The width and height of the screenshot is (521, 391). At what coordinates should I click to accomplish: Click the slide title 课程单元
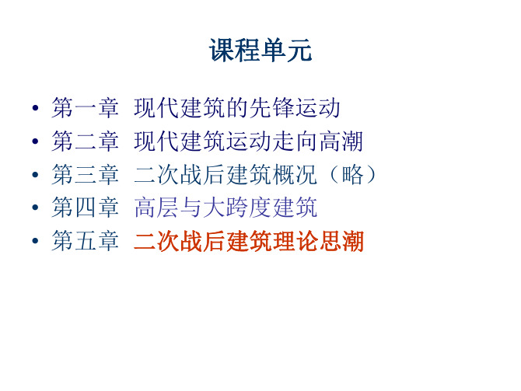[260, 51]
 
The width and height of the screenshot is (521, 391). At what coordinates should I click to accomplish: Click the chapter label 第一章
[85, 108]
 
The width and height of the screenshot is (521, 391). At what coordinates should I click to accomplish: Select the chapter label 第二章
[85, 141]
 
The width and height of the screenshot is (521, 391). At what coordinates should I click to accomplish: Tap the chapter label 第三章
[85, 174]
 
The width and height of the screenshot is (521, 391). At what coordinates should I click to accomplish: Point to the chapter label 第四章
[85, 208]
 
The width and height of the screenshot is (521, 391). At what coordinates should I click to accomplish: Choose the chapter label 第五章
[85, 240]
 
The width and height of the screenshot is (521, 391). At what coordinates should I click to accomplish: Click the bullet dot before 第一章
[35, 108]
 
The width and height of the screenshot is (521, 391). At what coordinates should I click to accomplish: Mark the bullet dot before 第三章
[35, 174]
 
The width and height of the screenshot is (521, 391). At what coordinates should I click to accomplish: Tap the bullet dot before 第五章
[35, 240]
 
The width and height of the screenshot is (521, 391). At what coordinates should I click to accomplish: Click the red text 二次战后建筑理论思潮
[249, 241]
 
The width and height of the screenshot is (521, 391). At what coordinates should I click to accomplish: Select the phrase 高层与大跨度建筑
[226, 208]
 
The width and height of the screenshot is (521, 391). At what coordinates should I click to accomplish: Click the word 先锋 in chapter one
[272, 108]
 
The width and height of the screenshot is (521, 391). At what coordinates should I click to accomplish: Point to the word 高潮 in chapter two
[341, 141]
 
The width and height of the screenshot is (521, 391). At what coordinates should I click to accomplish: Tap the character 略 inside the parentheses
[352, 174]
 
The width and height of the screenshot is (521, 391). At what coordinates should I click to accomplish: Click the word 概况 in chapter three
[295, 174]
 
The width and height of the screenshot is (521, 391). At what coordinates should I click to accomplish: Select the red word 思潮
[341, 241]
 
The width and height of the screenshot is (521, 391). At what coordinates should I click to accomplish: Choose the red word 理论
[295, 241]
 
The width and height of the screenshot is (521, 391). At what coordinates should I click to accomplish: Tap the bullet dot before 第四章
[35, 208]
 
